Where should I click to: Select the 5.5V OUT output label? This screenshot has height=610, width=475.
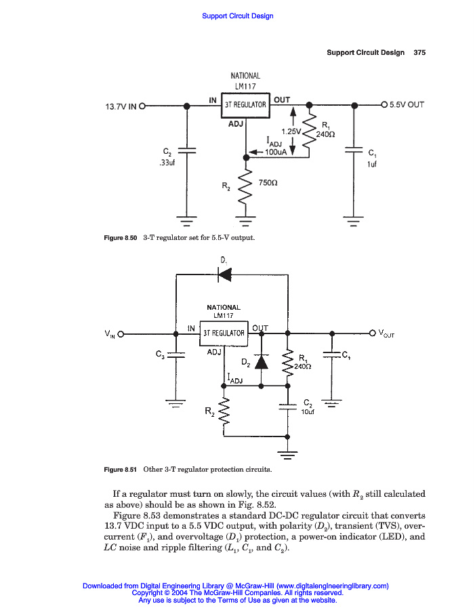[407, 105]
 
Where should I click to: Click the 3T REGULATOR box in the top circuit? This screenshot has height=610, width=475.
[245, 105]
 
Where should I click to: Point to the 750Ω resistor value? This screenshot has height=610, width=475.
[268, 183]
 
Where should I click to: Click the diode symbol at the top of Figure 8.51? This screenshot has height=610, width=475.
[224, 274]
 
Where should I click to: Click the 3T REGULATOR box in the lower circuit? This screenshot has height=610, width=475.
[224, 333]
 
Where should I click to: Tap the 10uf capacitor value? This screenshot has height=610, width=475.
[307, 412]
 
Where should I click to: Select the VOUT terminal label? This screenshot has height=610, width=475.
[386, 333]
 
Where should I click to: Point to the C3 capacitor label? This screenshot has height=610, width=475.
[160, 354]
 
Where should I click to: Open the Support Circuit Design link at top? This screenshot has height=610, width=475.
[238, 16]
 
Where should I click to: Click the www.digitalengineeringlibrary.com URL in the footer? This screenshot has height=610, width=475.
[332, 586]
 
